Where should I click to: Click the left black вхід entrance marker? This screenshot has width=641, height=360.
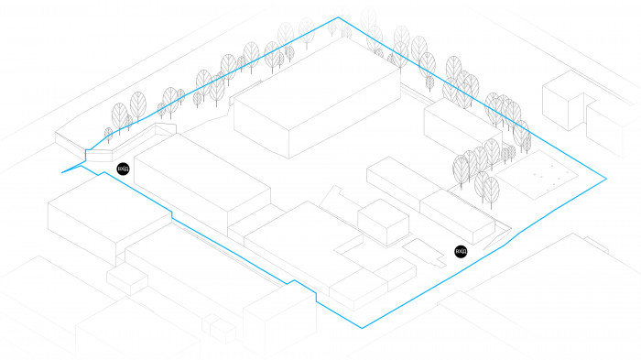123,168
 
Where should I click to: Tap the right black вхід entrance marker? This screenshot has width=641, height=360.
461,251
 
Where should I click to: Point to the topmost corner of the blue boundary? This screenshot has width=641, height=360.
338,17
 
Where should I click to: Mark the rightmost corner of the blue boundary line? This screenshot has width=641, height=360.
608,179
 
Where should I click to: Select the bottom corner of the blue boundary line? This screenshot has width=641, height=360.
364,326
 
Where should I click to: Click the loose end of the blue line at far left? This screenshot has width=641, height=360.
62,171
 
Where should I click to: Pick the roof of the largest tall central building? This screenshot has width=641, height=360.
316,96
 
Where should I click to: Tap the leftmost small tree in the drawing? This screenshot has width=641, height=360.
109,136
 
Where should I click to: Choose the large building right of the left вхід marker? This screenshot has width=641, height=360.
201,174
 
